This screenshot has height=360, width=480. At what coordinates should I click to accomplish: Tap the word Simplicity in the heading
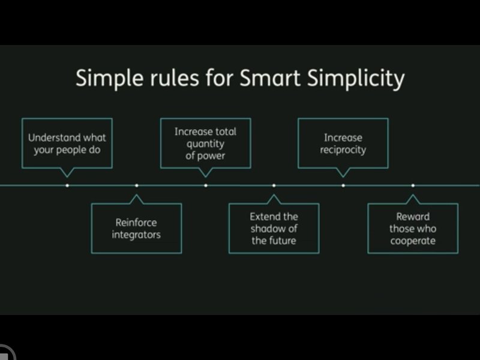point(356,79)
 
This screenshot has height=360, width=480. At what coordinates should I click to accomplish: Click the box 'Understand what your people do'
point(67,143)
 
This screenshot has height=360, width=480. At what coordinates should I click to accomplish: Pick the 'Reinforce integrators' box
point(137,229)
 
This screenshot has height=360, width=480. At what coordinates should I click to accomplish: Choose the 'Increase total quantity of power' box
point(206,143)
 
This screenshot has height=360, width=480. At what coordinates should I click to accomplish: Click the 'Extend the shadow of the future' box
point(274,229)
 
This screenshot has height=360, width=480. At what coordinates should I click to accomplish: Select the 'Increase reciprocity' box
point(343,143)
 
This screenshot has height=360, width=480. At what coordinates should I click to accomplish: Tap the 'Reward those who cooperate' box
point(413,229)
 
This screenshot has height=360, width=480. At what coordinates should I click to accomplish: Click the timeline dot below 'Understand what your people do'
point(67,185)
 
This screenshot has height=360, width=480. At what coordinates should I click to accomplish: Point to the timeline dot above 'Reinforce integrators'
point(137,185)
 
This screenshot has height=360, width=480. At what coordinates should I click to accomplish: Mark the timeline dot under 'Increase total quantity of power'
point(206,185)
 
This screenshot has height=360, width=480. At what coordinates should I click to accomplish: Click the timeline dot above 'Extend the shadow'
point(274,185)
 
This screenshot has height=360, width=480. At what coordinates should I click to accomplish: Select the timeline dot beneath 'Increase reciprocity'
point(343,185)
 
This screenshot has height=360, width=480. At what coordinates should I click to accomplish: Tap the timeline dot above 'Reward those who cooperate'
point(413,185)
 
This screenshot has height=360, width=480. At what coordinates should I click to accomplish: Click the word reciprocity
point(343,150)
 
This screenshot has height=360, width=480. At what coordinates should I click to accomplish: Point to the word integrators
point(136,235)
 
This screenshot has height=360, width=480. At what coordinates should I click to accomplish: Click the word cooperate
point(413,241)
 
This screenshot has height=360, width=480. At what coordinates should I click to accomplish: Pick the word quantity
point(205,144)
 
